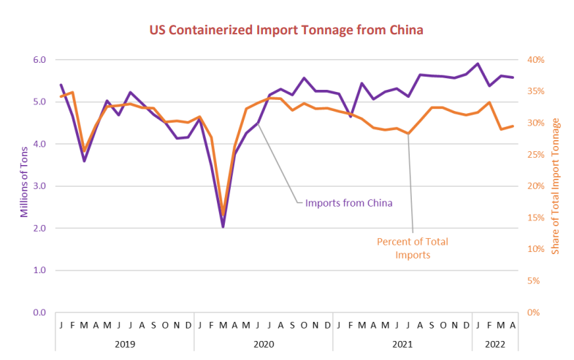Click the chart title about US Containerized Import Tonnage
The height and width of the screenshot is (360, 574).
pyautogui.click(x=286, y=30)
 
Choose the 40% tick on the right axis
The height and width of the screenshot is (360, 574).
pyautogui.click(x=537, y=60)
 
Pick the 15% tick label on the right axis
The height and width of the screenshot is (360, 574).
pyautogui.click(x=537, y=218)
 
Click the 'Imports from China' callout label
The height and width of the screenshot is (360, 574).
pyautogui.click(x=349, y=202)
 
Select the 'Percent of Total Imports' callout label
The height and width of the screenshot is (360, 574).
pyautogui.click(x=413, y=248)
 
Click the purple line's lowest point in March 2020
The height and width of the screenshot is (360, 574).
pyautogui.click(x=223, y=226)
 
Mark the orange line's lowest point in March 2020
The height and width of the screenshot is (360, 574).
pyautogui.click(x=223, y=216)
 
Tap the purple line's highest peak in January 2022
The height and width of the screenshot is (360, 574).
pyautogui.click(x=478, y=64)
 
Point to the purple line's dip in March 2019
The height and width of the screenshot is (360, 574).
pyautogui.click(x=84, y=161)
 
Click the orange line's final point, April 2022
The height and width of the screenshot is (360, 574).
pyautogui.click(x=513, y=126)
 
